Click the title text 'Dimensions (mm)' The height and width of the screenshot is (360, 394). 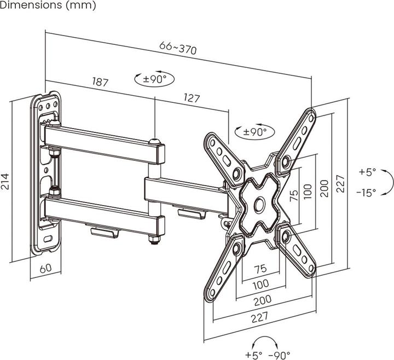[48, 6]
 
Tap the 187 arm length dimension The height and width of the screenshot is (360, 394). [100, 82]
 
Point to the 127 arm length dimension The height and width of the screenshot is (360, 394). [191, 98]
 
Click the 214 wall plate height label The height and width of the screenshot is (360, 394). [6, 177]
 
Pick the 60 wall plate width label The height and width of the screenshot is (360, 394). [45, 268]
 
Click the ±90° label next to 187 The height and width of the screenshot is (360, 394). [154, 79]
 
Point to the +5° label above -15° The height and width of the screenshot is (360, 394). [367, 172]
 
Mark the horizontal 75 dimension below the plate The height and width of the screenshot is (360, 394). [260, 269]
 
